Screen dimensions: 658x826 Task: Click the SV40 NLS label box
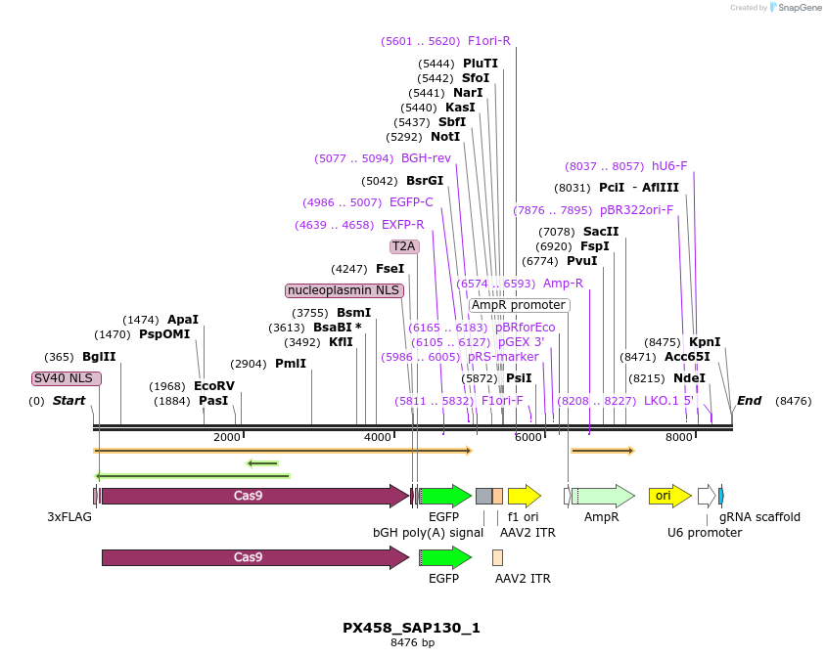click(x=66, y=378)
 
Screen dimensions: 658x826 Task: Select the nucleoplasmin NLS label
click(x=344, y=290)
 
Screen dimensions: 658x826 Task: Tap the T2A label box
click(x=404, y=246)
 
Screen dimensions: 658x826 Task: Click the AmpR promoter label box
click(x=518, y=305)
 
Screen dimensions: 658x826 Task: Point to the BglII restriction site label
click(x=99, y=357)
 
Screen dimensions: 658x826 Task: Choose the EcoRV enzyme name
click(x=214, y=385)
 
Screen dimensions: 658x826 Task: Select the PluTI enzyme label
click(x=481, y=64)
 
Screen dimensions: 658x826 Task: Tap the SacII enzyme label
click(x=601, y=232)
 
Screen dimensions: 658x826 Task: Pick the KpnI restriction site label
click(x=705, y=342)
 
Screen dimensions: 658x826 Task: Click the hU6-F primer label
click(x=668, y=166)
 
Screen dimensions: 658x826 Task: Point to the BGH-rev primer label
click(x=426, y=158)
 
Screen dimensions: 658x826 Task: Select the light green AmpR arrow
click(x=602, y=496)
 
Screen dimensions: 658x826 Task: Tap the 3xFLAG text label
click(x=69, y=517)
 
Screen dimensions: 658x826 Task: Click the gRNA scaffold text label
click(x=759, y=517)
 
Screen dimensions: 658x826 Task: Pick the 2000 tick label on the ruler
click(x=226, y=437)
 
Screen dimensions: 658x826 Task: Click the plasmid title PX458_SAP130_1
click(x=411, y=628)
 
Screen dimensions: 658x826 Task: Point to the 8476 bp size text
click(x=412, y=642)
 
